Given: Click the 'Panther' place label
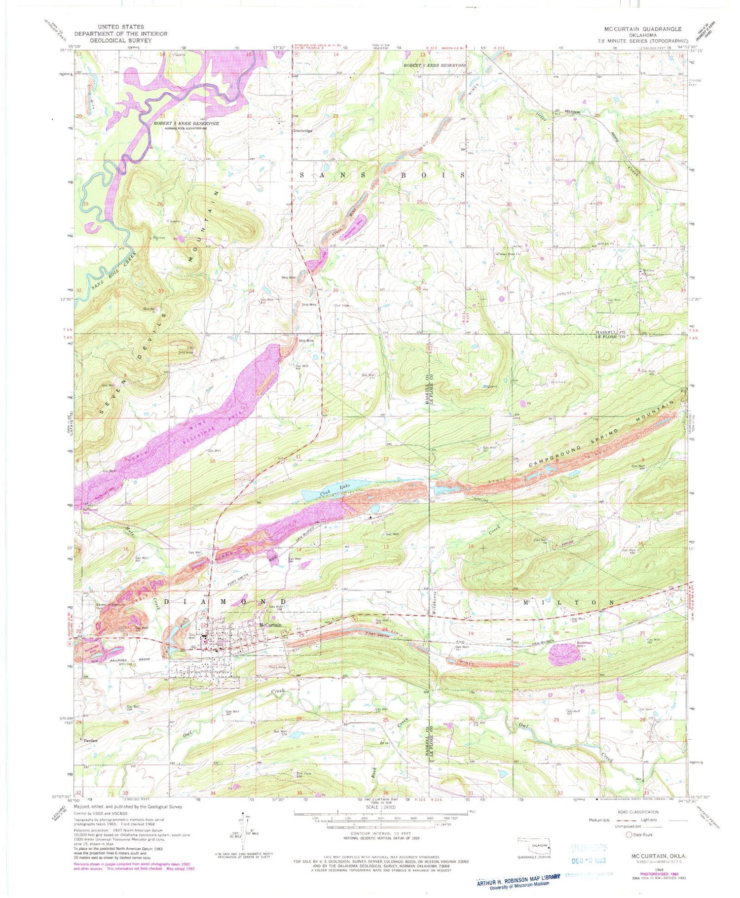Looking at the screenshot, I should tap(91, 740).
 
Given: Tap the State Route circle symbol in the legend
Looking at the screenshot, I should tap(629, 835).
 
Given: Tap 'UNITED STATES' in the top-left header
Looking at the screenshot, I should tap(121, 27).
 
